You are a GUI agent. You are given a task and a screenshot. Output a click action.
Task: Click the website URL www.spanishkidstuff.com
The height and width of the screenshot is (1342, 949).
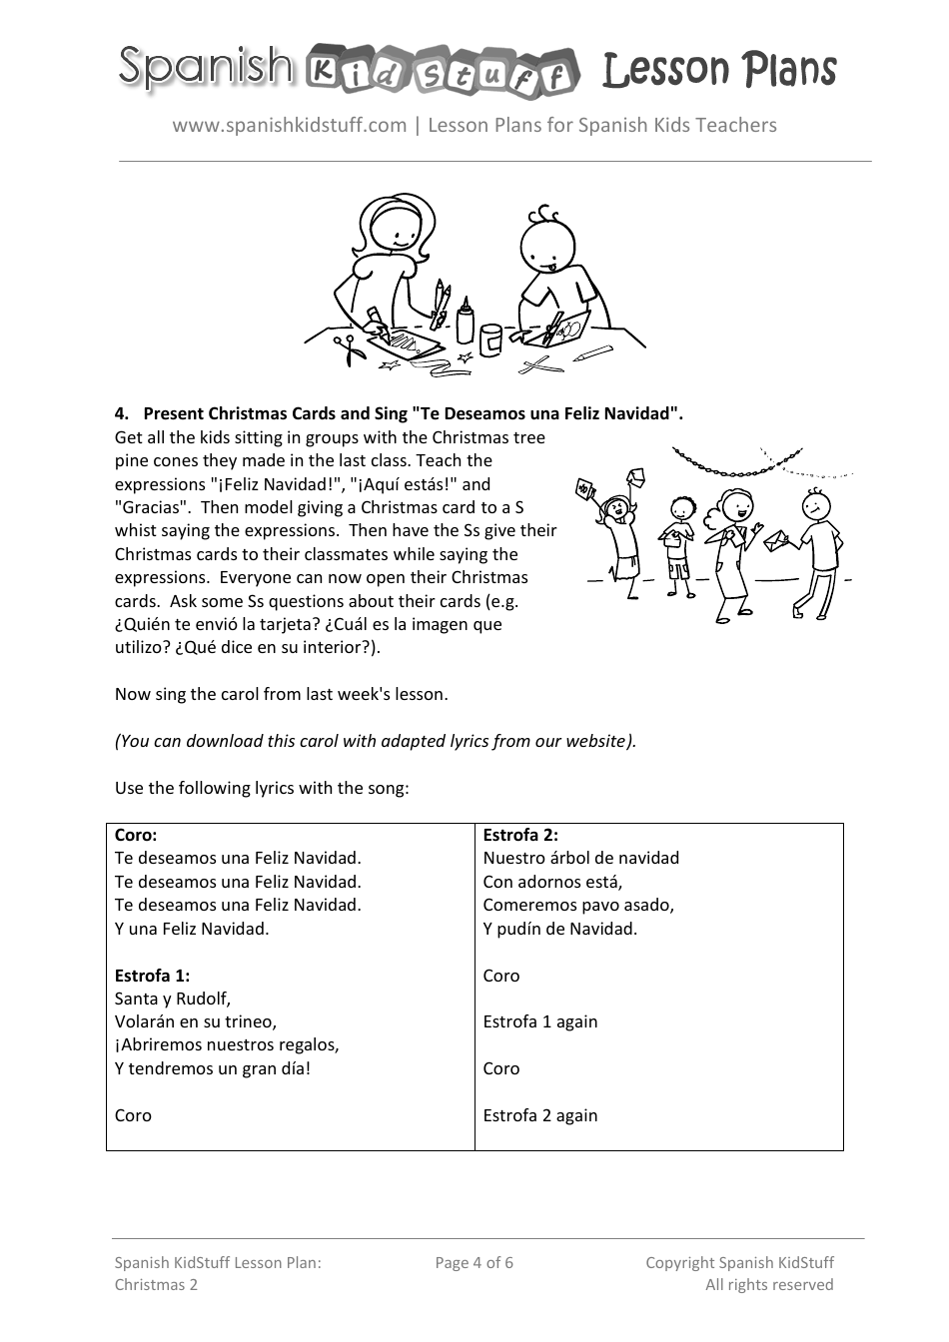290,125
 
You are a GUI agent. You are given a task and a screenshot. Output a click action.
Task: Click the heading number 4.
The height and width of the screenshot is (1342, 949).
122,413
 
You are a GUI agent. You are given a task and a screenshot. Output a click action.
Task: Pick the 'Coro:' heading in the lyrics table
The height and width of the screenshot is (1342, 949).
136,835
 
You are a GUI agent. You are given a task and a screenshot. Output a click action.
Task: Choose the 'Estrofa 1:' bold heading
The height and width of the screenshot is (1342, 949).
152,976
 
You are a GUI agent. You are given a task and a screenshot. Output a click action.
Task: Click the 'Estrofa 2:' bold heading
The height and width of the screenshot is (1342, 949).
520,835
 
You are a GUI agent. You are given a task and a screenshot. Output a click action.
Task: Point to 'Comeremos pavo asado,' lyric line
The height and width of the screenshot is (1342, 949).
578,905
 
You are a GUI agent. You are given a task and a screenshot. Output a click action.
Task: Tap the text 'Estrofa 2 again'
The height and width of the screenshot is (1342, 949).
540,1115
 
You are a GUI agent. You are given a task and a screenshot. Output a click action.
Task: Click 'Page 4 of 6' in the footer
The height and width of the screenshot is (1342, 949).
474,1263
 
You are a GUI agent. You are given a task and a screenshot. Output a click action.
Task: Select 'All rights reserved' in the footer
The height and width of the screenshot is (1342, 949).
769,1285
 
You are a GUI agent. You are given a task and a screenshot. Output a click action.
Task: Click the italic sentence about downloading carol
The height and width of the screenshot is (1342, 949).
376,741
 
